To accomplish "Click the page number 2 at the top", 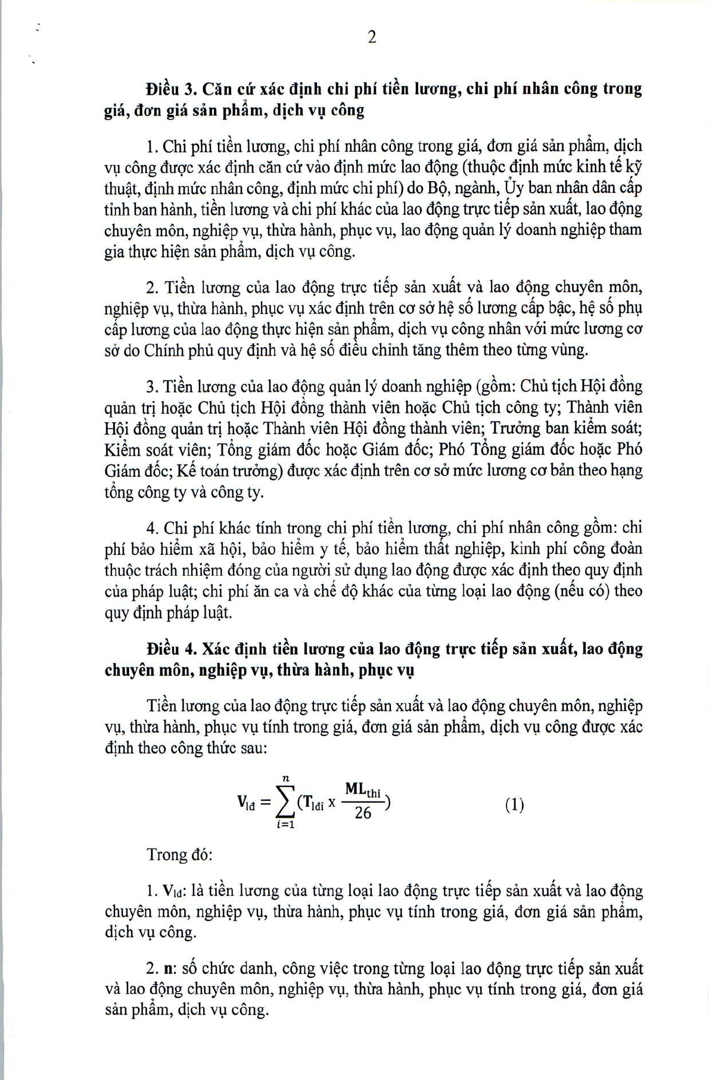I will click(x=372, y=37).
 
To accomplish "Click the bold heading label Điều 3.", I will click(x=171, y=89).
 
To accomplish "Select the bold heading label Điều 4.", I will click(x=171, y=648).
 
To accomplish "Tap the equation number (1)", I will click(x=514, y=805).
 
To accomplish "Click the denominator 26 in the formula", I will click(x=363, y=813).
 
